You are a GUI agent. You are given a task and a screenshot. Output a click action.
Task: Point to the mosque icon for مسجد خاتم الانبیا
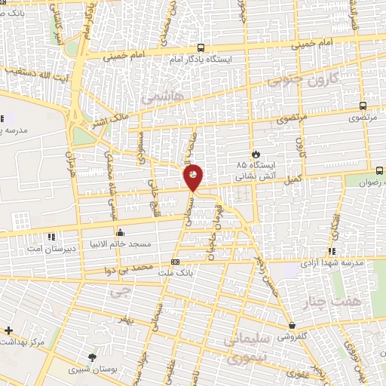point(119,232)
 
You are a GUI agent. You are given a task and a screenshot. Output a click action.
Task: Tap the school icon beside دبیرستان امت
point(51,237)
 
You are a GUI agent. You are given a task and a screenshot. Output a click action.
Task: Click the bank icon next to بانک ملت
point(175,262)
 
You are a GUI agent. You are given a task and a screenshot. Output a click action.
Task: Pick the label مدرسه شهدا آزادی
point(332,263)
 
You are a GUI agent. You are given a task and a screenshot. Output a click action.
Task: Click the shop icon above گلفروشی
point(292,326)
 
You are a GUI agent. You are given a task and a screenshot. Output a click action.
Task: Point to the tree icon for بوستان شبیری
point(92,357)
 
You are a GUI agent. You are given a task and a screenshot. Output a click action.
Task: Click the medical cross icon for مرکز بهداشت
point(8,330)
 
